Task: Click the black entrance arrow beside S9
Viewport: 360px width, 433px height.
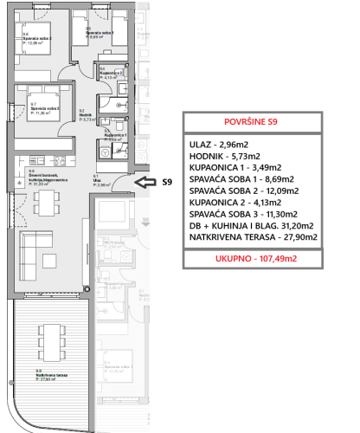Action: (x=148, y=182)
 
